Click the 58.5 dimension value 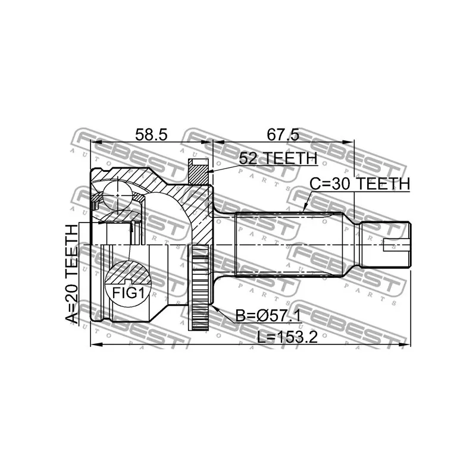click(x=151, y=136)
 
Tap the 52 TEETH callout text click(x=277, y=158)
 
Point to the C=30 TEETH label click(x=360, y=184)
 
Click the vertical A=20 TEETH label click(x=72, y=274)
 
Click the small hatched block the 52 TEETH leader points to click(x=197, y=172)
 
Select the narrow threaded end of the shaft click(x=387, y=245)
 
